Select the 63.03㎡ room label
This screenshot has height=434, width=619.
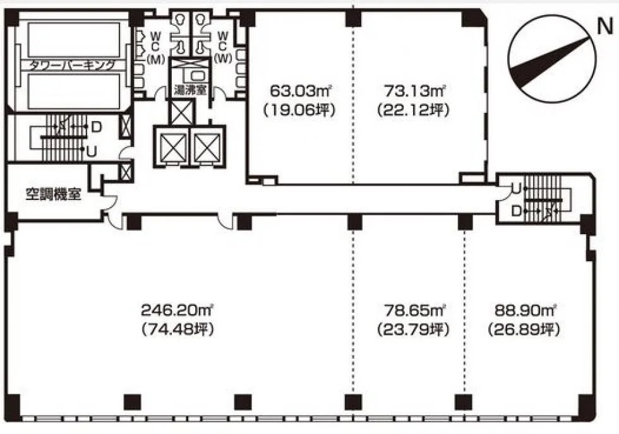tap(300, 91)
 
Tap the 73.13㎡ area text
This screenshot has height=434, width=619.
tap(414, 91)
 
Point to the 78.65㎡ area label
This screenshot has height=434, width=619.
tap(414, 310)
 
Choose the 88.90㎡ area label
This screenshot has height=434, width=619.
tap(525, 310)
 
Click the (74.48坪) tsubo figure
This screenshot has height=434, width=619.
tap(177, 329)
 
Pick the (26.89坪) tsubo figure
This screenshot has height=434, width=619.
tap(524, 329)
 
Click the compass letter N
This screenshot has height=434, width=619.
tap(605, 26)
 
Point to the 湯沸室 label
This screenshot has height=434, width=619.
tap(190, 90)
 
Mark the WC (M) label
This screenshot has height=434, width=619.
tap(155, 47)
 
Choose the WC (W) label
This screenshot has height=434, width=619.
tap(222, 47)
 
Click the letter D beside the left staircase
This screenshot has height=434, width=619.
tap(96, 127)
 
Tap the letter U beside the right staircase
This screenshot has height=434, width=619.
tap(517, 189)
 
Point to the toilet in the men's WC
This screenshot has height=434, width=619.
tap(181, 20)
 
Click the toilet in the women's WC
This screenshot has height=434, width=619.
tap(201, 20)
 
